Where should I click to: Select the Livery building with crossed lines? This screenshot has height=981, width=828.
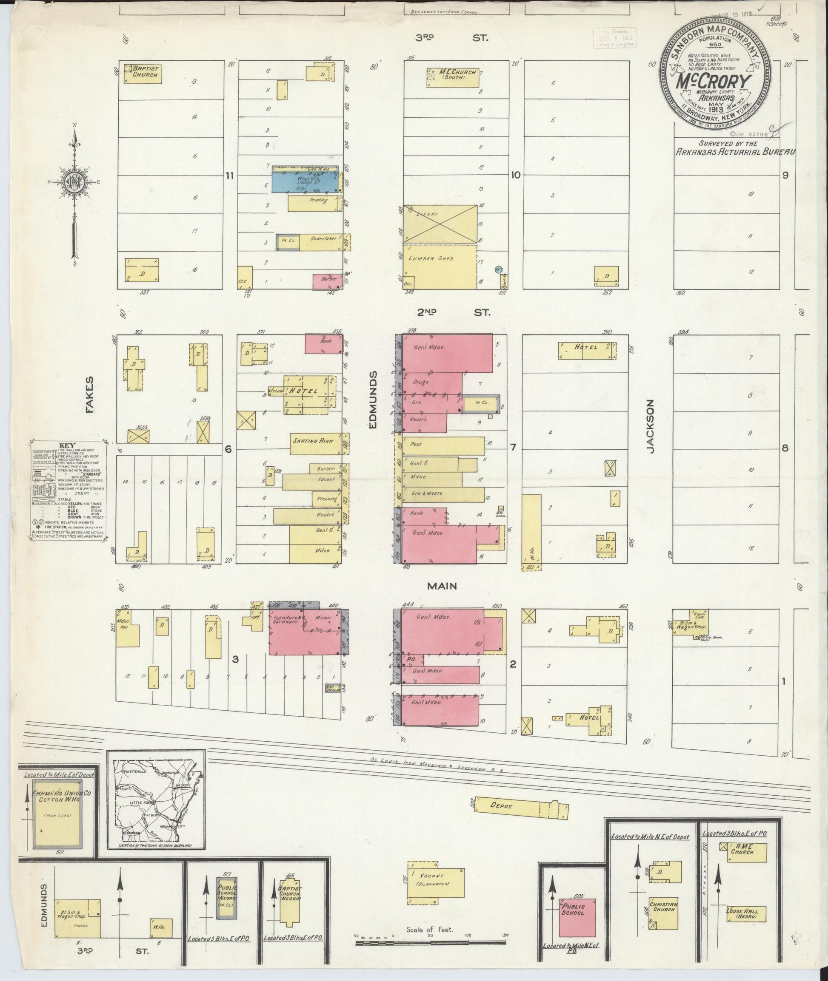click(440, 224)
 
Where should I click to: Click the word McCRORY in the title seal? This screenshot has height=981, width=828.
click(713, 82)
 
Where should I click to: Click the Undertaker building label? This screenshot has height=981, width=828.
click(323, 239)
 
